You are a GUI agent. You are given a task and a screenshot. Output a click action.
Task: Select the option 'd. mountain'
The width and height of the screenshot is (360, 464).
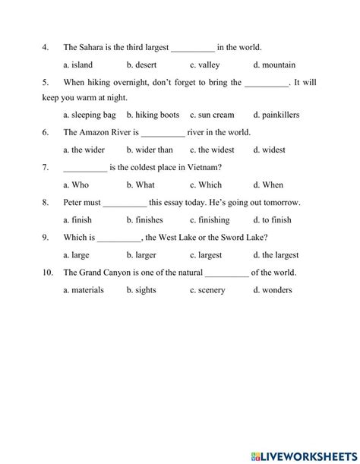(274, 65)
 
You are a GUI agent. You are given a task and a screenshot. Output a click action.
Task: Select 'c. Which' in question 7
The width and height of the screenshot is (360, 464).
(205, 185)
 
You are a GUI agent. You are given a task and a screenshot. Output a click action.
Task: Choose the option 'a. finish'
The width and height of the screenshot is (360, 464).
(77, 220)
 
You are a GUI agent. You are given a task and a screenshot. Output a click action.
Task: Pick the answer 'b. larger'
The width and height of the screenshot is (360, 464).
(141, 255)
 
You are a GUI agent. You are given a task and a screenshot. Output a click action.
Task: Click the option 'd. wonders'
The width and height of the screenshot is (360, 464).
(271, 290)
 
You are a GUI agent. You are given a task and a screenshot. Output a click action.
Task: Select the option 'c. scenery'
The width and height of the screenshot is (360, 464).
(208, 290)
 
